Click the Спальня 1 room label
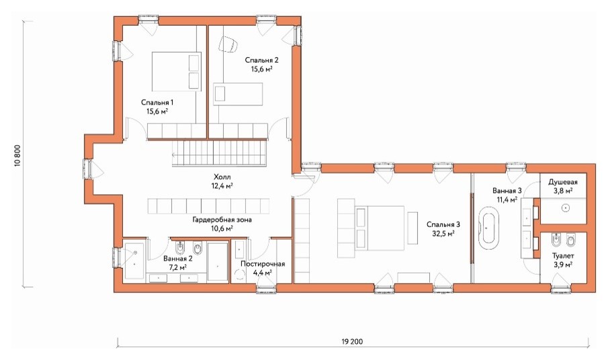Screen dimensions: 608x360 point(157,103)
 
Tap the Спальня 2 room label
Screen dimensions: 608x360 point(262,60)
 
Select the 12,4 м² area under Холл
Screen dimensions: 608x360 point(222,186)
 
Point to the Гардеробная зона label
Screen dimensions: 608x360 point(222,220)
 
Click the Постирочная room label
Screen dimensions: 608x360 point(263,264)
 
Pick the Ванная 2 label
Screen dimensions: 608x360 point(177,259)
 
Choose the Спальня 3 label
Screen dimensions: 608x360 point(443,224)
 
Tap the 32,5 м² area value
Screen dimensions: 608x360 point(443,233)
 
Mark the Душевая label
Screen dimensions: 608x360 point(563,182)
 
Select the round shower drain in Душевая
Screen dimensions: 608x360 point(566,208)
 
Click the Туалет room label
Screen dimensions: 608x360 point(563,256)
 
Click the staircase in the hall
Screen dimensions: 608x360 point(219,152)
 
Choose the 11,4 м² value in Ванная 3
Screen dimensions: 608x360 point(507,199)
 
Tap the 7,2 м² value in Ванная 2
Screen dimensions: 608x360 point(177,267)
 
